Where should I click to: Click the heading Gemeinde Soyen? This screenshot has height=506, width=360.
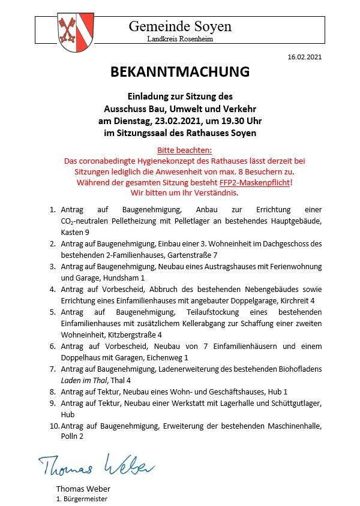(x=179, y=26)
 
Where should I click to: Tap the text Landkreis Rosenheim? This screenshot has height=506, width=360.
(x=179, y=39)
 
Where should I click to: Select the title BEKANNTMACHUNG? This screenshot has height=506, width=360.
(x=179, y=73)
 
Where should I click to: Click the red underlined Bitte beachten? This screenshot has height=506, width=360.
(x=180, y=150)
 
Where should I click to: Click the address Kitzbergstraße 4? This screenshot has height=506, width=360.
(x=134, y=335)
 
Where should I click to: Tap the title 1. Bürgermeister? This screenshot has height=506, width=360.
(x=82, y=499)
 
